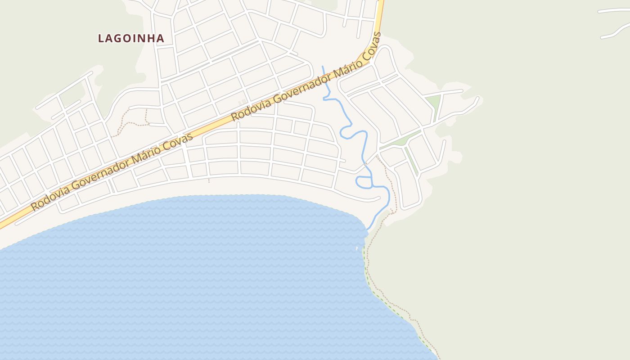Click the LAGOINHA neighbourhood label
[x=131, y=38]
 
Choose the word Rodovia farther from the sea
[x=250, y=106]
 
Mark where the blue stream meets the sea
[x=368, y=230]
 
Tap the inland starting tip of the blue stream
[x=322, y=67]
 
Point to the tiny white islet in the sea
[x=357, y=248]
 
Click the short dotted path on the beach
[x=209, y=180]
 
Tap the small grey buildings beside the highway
[x=243, y=102]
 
